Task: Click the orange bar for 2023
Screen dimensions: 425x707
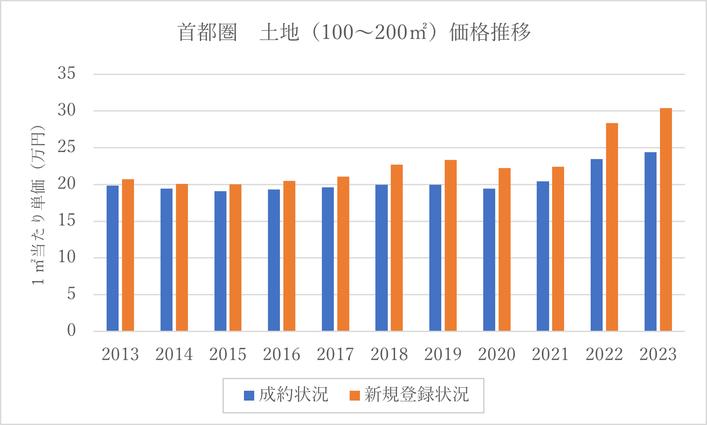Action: click(665, 219)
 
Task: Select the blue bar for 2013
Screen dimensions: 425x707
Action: click(113, 258)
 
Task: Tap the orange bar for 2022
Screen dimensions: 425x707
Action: click(612, 227)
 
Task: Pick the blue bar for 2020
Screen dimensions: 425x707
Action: click(489, 260)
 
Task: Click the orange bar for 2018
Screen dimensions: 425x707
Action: click(397, 248)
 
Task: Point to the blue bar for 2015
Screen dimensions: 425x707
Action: click(220, 261)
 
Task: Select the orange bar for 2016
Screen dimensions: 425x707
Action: click(289, 256)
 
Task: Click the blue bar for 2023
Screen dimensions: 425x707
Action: click(651, 242)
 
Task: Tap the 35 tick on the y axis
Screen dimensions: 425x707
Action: click(67, 74)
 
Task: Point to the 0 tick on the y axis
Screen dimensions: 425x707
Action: click(71, 330)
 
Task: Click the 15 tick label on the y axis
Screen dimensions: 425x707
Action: click(67, 221)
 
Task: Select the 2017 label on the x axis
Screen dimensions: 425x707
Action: click(335, 354)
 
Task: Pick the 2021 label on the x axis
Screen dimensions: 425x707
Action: click(550, 354)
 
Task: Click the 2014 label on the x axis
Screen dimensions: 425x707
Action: click(174, 354)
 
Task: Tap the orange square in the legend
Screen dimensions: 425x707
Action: click(355, 395)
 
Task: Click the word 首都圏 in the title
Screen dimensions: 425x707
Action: click(208, 33)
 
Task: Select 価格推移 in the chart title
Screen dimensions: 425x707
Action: click(490, 33)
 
